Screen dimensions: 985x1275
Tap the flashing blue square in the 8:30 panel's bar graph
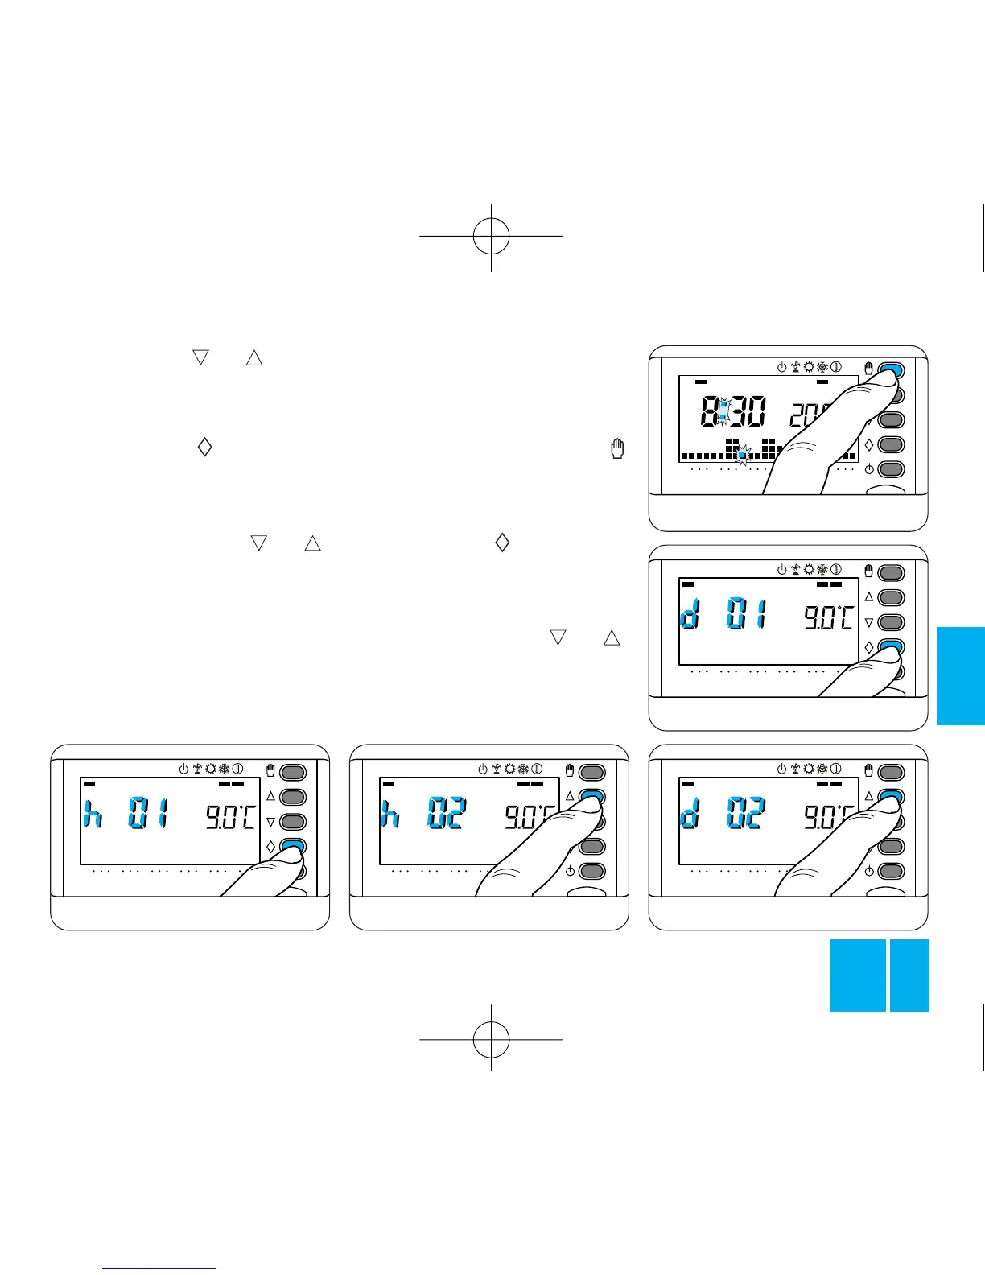[x=743, y=455]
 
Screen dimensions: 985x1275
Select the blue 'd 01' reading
[x=723, y=618]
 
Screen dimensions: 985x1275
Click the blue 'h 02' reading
[x=424, y=818]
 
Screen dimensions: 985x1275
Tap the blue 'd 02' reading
[x=723, y=818]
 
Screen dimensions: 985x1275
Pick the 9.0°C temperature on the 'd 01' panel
[x=829, y=618]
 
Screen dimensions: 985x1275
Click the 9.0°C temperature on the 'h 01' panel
[x=230, y=819]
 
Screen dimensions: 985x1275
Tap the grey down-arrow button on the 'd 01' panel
[x=891, y=622]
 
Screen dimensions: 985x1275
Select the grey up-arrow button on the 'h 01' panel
[x=293, y=797]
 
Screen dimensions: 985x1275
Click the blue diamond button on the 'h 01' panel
[x=293, y=846]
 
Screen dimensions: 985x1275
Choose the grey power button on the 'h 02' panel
[x=592, y=871]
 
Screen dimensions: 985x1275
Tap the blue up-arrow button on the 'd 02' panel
[x=891, y=797]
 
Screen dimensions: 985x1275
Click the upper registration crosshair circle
[x=491, y=236]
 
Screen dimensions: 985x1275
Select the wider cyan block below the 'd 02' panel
[x=858, y=975]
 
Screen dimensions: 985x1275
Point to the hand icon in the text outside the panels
[x=618, y=448]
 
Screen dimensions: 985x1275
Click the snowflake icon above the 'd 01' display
[x=822, y=569]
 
